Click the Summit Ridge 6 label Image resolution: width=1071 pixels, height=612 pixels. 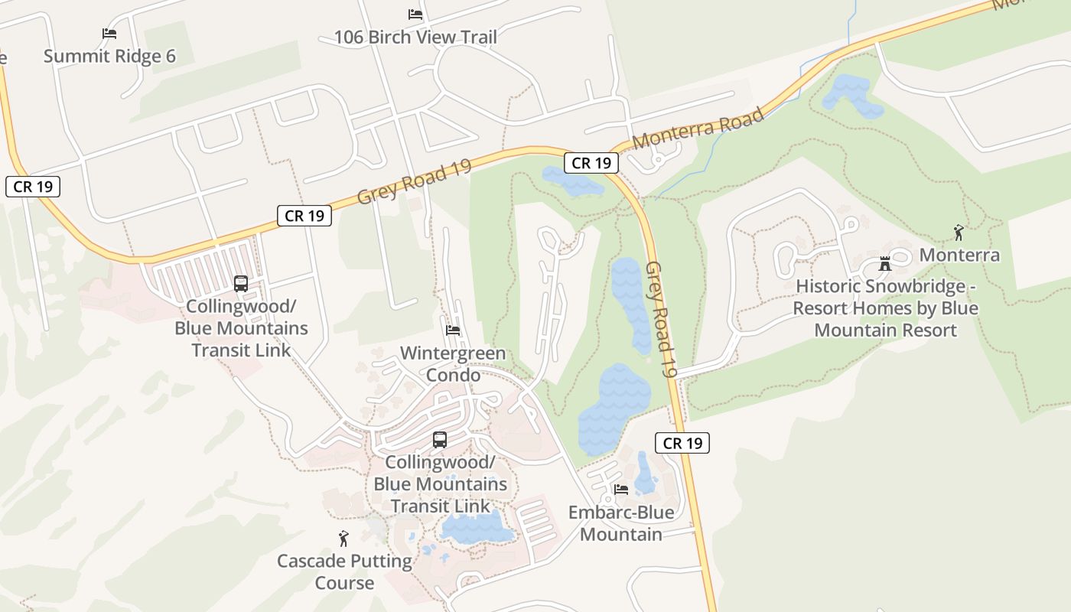click(109, 56)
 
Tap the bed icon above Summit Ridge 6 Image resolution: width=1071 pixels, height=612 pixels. click(109, 34)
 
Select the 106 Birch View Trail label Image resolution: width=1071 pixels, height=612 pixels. click(415, 37)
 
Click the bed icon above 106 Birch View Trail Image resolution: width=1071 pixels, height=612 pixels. click(415, 15)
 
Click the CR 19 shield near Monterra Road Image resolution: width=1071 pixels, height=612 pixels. click(591, 163)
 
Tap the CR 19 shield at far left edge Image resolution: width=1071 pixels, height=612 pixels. click(33, 187)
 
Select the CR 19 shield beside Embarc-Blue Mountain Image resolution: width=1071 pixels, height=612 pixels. click(682, 443)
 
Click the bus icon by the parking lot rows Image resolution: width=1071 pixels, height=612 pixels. click(241, 283)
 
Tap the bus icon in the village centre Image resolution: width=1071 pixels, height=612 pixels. click(440, 439)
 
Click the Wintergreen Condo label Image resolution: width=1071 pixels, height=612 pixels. click(453, 364)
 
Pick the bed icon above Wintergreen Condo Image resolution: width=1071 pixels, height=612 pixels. click(453, 330)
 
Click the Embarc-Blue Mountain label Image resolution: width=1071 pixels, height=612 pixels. click(621, 523)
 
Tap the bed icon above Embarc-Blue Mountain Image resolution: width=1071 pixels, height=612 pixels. click(621, 490)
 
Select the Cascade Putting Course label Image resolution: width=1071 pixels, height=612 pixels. click(344, 571)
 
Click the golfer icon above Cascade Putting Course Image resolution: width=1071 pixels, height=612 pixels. click(343, 539)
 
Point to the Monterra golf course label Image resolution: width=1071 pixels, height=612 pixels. click(959, 255)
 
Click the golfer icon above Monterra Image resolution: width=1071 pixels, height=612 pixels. click(959, 233)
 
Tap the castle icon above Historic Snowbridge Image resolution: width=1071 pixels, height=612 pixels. click(885, 264)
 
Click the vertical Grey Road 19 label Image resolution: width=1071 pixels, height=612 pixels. click(661, 319)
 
